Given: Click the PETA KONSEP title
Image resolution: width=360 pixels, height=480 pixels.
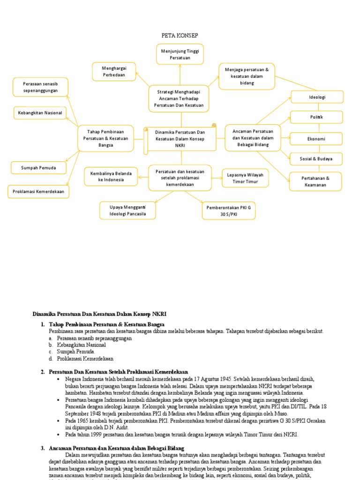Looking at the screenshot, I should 180,36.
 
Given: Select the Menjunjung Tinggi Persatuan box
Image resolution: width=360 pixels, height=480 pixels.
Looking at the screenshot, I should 180,54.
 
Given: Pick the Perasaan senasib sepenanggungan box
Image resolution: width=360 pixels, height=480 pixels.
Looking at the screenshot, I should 40,87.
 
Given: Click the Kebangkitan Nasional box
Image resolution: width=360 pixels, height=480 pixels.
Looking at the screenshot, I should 40,113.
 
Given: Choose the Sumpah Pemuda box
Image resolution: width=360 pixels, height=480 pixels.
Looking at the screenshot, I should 38,167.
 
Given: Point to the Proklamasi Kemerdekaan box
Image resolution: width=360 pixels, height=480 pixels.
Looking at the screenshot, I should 38,191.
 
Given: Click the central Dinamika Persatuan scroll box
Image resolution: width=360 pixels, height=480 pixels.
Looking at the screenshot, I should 180,139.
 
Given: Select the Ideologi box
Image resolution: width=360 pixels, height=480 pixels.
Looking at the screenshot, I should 317,97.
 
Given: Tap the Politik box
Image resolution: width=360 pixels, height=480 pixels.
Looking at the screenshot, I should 316,117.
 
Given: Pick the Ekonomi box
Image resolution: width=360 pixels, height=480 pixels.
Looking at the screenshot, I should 316,139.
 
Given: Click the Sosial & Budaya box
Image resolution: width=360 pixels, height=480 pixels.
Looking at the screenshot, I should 316,159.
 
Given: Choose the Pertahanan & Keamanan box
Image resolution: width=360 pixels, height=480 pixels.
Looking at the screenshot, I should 315,181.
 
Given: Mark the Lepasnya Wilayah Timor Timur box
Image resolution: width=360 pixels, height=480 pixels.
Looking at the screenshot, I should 245,178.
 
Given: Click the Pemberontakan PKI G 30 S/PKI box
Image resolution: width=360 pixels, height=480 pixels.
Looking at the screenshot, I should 229,210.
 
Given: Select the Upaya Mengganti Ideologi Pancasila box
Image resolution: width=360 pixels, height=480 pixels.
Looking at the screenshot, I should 128,210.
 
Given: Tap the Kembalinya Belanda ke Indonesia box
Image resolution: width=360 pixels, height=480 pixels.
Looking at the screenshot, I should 111,176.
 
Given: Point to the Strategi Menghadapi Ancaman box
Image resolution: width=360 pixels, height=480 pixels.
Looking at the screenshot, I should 179,98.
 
